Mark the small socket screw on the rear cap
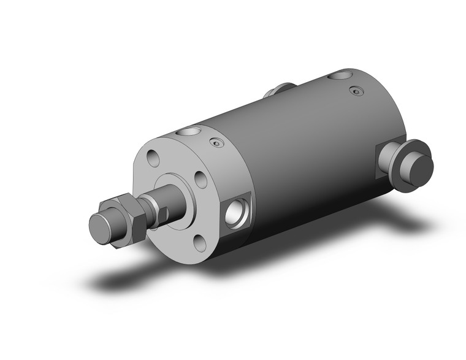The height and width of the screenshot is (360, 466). click(x=354, y=91)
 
